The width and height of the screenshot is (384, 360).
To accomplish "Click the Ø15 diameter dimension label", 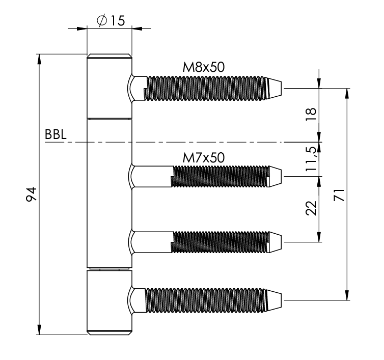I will coord(109,22).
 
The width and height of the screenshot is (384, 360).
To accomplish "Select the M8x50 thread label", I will coord(204,67).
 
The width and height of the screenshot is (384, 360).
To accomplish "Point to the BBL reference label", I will coord(54,134).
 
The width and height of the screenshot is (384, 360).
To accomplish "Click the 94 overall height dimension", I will coord(31,194).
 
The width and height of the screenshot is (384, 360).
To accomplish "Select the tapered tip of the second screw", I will coord(275,176).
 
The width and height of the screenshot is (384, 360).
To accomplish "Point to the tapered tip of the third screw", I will coord(275,241).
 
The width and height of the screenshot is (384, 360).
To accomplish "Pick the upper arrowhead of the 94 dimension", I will coord(39,57).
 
